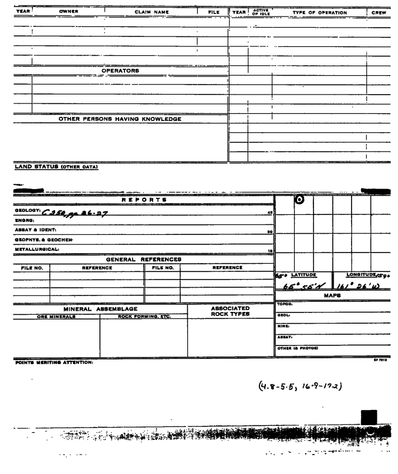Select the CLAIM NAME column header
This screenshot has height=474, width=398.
point(153,11)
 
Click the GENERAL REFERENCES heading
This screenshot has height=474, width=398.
point(143,259)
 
